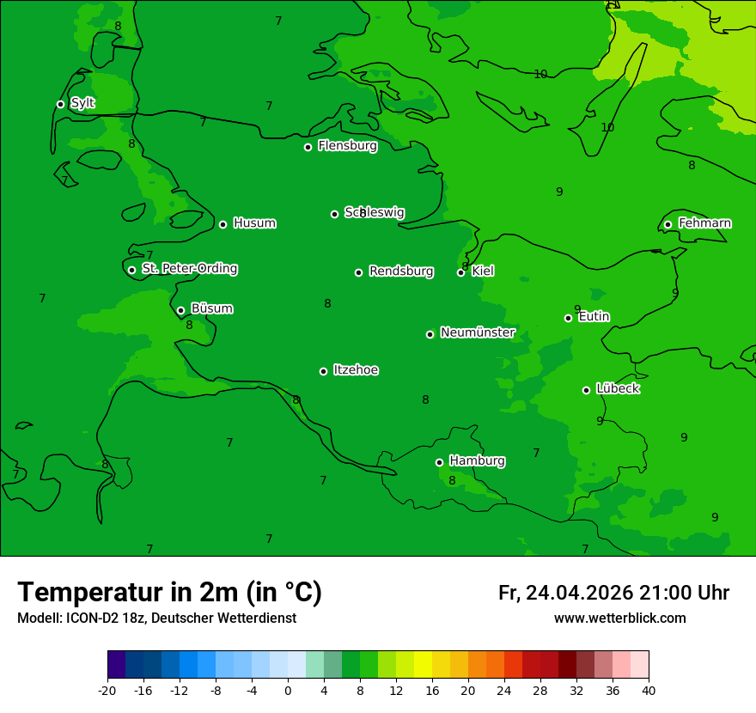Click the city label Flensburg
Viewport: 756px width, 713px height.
click(347, 146)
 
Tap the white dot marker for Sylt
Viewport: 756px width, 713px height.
click(60, 104)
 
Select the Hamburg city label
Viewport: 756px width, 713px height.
click(477, 461)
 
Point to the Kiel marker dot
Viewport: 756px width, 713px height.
click(460, 272)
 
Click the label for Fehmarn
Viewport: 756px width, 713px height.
click(704, 223)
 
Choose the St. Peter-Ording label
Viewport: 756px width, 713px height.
click(189, 269)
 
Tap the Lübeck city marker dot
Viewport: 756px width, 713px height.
click(586, 390)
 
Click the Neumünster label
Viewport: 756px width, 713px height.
click(478, 332)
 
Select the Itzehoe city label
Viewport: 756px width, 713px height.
click(356, 370)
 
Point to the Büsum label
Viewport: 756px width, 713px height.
click(211, 308)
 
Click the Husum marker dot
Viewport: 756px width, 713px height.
click(223, 224)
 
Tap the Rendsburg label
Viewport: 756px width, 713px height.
click(401, 271)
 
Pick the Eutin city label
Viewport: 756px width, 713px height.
click(594, 317)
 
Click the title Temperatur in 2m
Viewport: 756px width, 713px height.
click(169, 593)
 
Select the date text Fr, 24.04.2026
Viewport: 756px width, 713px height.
click(565, 594)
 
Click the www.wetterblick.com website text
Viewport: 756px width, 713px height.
click(619, 619)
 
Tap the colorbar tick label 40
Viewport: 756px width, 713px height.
click(648, 690)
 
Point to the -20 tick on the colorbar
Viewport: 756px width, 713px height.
click(107, 690)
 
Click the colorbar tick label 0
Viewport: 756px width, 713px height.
click(288, 690)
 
